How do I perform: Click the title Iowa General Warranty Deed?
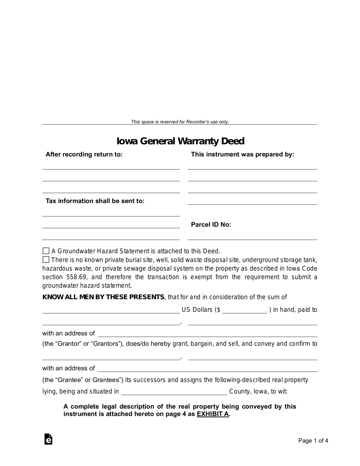tap(180, 141)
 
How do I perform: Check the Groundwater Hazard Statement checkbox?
tap(46, 251)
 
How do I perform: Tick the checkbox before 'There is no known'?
tap(46, 260)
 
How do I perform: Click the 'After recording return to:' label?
tap(84, 154)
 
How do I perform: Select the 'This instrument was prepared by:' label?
tap(242, 154)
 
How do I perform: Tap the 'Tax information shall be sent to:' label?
tap(95, 201)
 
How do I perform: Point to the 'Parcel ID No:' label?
tap(211, 225)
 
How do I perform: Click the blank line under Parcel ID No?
tap(252, 237)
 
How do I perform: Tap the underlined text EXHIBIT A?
tap(213, 414)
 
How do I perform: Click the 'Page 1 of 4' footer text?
tap(313, 441)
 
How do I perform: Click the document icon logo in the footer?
tap(48, 439)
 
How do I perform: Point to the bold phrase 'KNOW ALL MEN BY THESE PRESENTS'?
tap(103, 297)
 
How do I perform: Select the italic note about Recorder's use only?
tap(180, 122)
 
